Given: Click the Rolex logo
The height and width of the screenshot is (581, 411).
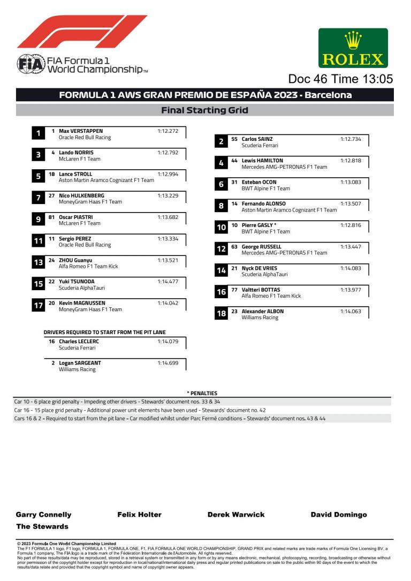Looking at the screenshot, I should (353, 48).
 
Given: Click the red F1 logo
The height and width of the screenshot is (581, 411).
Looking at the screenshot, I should (82, 32).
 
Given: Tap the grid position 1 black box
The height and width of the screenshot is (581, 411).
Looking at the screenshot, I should (38, 133).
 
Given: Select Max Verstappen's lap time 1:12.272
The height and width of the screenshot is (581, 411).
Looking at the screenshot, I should (168, 131).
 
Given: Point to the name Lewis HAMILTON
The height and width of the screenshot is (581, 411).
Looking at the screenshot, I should (262, 161).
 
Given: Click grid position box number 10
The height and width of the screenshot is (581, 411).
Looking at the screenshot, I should (221, 228).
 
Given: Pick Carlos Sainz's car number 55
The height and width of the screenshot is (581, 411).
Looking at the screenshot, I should (234, 139).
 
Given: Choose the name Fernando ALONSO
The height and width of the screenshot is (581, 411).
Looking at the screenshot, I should (264, 204).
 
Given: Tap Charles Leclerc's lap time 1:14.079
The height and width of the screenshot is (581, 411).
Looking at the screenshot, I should (168, 342).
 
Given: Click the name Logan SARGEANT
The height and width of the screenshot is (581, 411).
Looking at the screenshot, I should (80, 363).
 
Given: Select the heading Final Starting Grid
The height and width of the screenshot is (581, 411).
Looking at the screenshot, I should (205, 110).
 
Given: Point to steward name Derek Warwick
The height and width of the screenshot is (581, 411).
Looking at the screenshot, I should (236, 515).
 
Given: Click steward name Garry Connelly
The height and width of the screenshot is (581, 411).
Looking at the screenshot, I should (43, 515).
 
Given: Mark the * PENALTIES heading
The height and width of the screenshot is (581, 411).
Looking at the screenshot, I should (202, 393).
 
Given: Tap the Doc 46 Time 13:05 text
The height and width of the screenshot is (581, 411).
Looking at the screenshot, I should (340, 79).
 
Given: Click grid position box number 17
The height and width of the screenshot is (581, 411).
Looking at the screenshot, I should (38, 306).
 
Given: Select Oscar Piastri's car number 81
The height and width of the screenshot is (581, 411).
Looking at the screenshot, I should (52, 217).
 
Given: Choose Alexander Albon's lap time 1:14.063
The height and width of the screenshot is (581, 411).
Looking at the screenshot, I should (351, 312).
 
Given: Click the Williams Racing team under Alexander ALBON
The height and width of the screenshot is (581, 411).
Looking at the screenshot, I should (260, 318).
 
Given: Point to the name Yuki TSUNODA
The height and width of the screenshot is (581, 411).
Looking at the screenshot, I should (77, 282).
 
